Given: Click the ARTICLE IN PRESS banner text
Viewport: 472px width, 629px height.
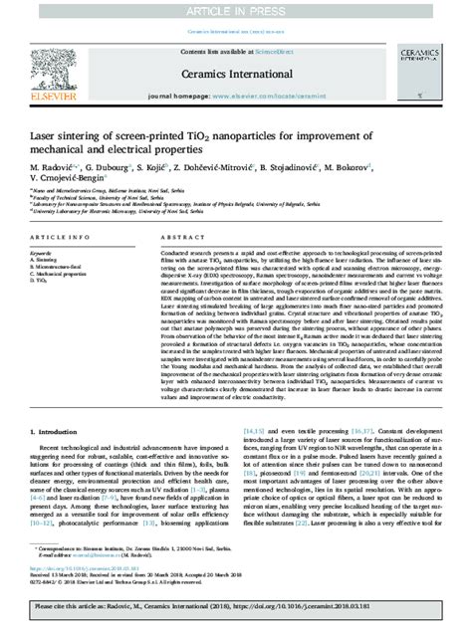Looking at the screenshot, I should pos(236,8).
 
